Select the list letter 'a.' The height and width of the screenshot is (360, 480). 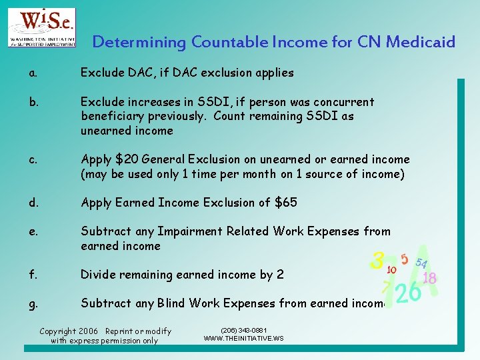click(x=33, y=73)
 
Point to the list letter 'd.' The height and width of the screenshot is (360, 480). click(x=33, y=203)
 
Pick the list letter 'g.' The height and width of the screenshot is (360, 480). click(x=33, y=304)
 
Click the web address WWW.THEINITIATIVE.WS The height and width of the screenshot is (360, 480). click(x=243, y=339)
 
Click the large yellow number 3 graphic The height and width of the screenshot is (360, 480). click(x=378, y=261)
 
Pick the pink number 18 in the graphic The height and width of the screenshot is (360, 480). click(x=430, y=278)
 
